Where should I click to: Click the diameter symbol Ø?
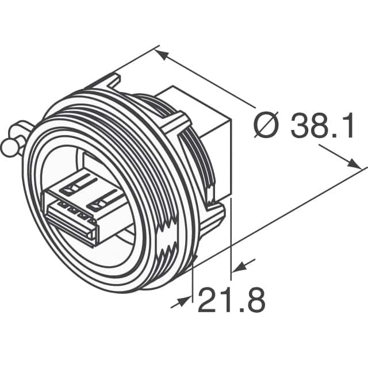[x=267, y=126]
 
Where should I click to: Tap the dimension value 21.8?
[x=231, y=300]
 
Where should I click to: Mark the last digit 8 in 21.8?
[x=255, y=300]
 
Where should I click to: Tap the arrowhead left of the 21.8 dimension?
[x=186, y=299]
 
